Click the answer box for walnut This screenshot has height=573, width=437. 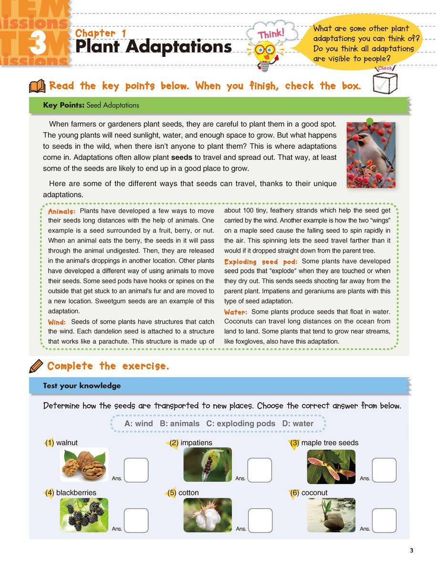[136, 470]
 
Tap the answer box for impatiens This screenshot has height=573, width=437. [260, 470]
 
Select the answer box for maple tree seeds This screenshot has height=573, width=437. [384, 470]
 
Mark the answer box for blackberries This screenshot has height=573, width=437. [136, 520]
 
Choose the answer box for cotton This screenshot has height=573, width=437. [260, 520]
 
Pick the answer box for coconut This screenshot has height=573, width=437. [384, 520]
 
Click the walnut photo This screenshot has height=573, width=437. [84, 465]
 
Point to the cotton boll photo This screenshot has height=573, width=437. [208, 515]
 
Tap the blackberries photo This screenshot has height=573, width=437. [84, 515]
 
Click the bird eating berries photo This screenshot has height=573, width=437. [371, 154]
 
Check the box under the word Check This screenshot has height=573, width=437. [385, 83]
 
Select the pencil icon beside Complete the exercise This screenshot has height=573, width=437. [36, 367]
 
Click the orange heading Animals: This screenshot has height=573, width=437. [62, 211]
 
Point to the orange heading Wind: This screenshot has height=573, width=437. [57, 322]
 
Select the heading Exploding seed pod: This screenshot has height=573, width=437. [260, 262]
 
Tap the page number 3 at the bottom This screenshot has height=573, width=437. [411, 551]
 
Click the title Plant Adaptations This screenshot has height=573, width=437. [153, 47]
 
